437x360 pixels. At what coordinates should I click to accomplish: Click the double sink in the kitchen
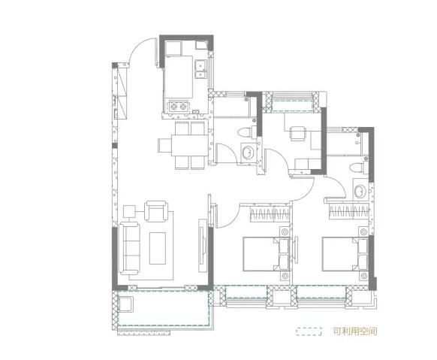pyautogui.click(x=200, y=69)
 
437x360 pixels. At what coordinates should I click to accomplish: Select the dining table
pyautogui.click(x=189, y=145)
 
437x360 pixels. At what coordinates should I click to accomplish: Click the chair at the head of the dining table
pyautogui.click(x=164, y=145)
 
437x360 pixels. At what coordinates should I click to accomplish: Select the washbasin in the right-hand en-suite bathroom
pyautogui.click(x=360, y=191)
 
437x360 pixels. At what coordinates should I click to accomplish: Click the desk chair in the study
pyautogui.click(x=297, y=134)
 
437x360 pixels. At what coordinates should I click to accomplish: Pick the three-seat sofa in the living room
pyautogui.click(x=129, y=249)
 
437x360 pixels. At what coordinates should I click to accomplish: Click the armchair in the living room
pyautogui.click(x=156, y=211)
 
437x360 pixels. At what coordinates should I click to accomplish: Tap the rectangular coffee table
pyautogui.click(x=158, y=248)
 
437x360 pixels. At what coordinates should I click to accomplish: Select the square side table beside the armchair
pyautogui.click(x=129, y=211)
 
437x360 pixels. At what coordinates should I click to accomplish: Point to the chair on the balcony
pyautogui.click(x=126, y=304)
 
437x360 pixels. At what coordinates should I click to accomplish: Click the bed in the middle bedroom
pyautogui.click(x=267, y=254)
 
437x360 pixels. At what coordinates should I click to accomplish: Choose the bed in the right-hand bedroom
pyautogui.click(x=345, y=254)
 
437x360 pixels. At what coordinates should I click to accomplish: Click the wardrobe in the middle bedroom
pyautogui.click(x=270, y=214)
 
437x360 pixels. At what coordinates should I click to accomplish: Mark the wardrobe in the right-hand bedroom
pyautogui.click(x=349, y=211)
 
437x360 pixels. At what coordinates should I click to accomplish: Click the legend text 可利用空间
pyautogui.click(x=355, y=331)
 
